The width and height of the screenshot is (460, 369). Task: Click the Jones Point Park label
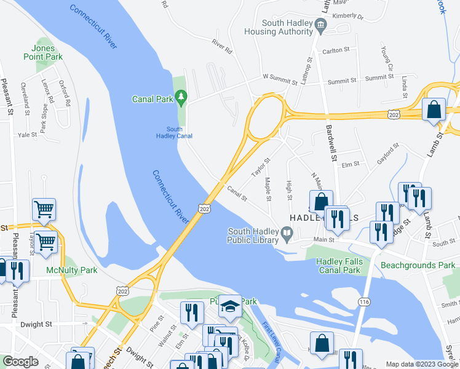47,52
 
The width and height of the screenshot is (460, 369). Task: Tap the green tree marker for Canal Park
181,97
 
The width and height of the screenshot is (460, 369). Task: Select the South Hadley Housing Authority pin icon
320,25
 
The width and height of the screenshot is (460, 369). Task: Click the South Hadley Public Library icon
287,233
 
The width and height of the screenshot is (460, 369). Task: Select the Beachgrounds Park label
418,266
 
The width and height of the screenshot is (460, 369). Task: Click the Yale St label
28,135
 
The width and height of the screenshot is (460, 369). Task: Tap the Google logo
20,362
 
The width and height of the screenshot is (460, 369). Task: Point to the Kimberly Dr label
347,17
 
